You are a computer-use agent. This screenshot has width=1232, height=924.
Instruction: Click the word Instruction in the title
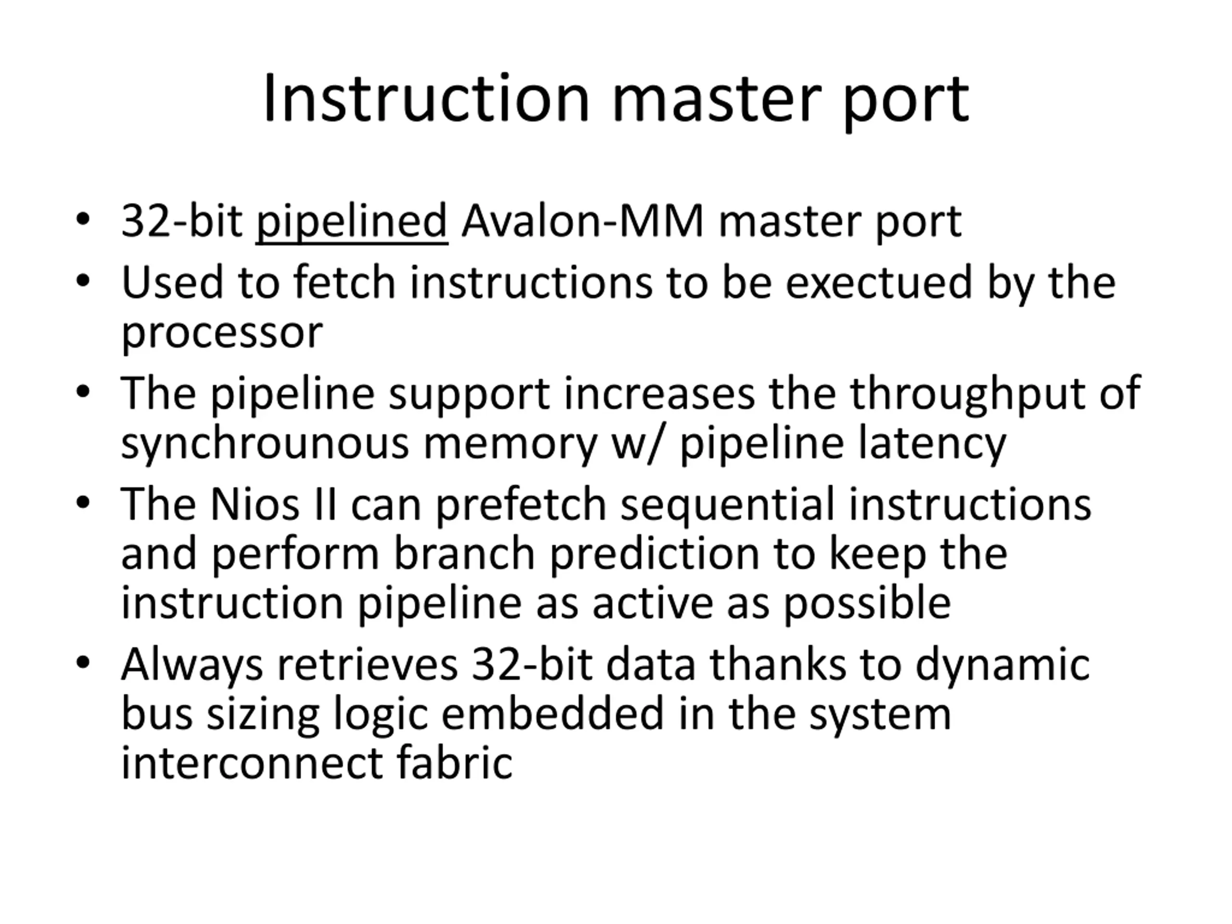(426, 99)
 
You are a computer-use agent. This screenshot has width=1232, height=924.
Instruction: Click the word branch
(464, 554)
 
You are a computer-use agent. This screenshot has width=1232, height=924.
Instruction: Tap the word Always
(192, 665)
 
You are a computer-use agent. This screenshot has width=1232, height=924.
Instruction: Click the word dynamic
(1002, 665)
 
